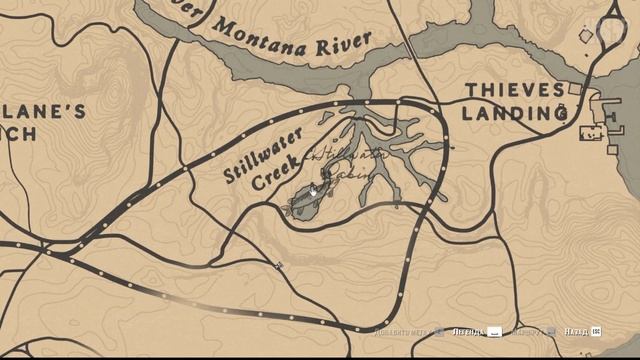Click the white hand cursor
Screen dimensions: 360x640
coord(313,189)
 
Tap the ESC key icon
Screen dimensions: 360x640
coord(596,331)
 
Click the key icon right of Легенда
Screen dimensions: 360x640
coord(494,331)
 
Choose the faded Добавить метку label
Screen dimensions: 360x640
coord(404,331)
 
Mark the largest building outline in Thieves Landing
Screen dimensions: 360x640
coord(592,131)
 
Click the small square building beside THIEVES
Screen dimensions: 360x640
coord(575,90)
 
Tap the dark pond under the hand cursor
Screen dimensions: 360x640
coord(305,201)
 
